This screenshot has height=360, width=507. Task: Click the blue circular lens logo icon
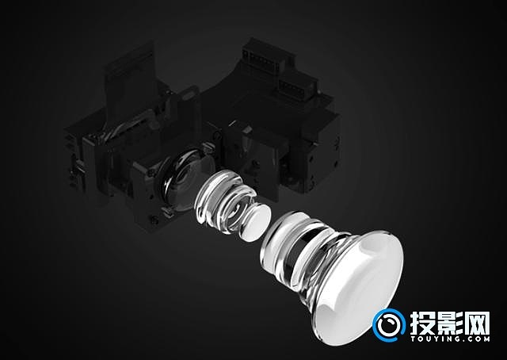[x=389, y=325]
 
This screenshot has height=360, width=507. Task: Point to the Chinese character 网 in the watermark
[x=477, y=324]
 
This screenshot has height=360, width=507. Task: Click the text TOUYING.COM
[x=450, y=339]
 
